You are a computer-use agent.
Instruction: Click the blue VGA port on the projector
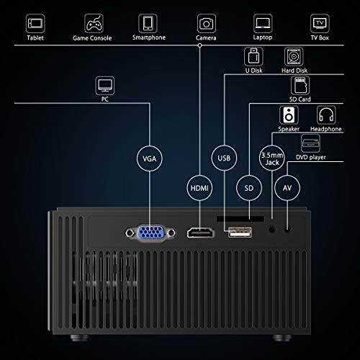click(x=150, y=233)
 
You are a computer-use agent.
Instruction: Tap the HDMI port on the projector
click(x=201, y=233)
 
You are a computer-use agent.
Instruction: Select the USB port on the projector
click(x=240, y=233)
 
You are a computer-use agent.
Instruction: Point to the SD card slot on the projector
click(x=240, y=219)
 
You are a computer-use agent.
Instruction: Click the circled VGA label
click(x=150, y=158)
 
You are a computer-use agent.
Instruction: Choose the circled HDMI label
click(x=199, y=188)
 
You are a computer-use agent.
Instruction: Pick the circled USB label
click(x=224, y=158)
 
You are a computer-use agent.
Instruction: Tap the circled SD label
click(x=249, y=188)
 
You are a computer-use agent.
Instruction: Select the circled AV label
click(x=287, y=188)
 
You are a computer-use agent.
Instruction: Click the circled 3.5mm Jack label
click(x=272, y=158)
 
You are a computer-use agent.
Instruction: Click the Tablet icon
click(x=35, y=23)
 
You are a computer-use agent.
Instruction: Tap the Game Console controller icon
click(x=94, y=23)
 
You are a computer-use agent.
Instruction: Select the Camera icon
click(x=207, y=23)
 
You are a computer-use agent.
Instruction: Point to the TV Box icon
click(x=320, y=23)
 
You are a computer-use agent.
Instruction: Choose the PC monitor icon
click(x=105, y=86)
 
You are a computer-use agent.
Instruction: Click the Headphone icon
click(x=326, y=115)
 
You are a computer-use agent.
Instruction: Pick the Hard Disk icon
click(x=294, y=57)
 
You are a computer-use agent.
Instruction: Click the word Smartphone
click(x=149, y=37)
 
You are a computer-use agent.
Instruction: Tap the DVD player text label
click(x=311, y=157)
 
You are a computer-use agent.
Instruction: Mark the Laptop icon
click(x=263, y=23)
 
